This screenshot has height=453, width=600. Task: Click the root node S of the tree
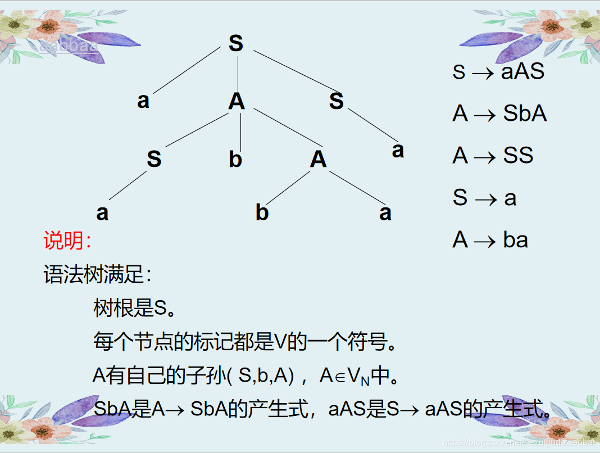click(236, 43)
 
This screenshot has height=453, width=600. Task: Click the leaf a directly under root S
click(143, 101)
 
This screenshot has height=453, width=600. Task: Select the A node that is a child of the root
click(237, 102)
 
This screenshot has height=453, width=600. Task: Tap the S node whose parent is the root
click(336, 102)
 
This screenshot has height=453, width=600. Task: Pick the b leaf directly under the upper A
click(235, 160)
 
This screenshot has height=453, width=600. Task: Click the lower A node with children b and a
click(318, 160)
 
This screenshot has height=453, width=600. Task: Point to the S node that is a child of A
click(154, 160)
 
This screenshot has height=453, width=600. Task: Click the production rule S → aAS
click(498, 72)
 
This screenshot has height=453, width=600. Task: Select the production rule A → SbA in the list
click(499, 114)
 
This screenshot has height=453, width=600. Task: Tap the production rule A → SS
click(493, 156)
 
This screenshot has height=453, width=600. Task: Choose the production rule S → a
click(484, 198)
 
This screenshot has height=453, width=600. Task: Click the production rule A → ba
click(490, 240)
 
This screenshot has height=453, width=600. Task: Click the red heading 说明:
click(67, 241)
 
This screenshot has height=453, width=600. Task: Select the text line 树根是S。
click(135, 308)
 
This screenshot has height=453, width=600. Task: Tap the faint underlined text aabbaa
click(69, 46)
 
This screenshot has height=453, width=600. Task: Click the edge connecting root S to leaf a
click(186, 70)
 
